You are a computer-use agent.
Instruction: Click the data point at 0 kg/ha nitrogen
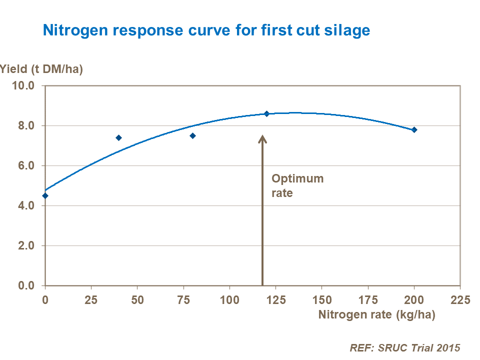[x=45, y=195]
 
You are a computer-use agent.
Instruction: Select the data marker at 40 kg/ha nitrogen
[x=119, y=137]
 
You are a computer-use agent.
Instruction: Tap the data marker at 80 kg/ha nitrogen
[x=192, y=135]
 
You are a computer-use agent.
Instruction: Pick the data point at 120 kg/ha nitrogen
[x=266, y=113]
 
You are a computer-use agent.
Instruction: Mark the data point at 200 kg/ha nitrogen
[x=414, y=129]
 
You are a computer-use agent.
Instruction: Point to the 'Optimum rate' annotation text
[x=297, y=185]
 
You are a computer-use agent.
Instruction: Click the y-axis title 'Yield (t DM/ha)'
[x=41, y=69]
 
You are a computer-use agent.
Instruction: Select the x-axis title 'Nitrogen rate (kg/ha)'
[x=376, y=315]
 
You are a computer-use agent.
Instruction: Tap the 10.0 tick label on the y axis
[x=23, y=85]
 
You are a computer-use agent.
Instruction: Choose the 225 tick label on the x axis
[x=460, y=300]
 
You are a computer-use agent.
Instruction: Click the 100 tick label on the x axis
[x=229, y=300]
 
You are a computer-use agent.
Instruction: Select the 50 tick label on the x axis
[x=137, y=300]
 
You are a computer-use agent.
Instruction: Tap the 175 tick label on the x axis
[x=368, y=300]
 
